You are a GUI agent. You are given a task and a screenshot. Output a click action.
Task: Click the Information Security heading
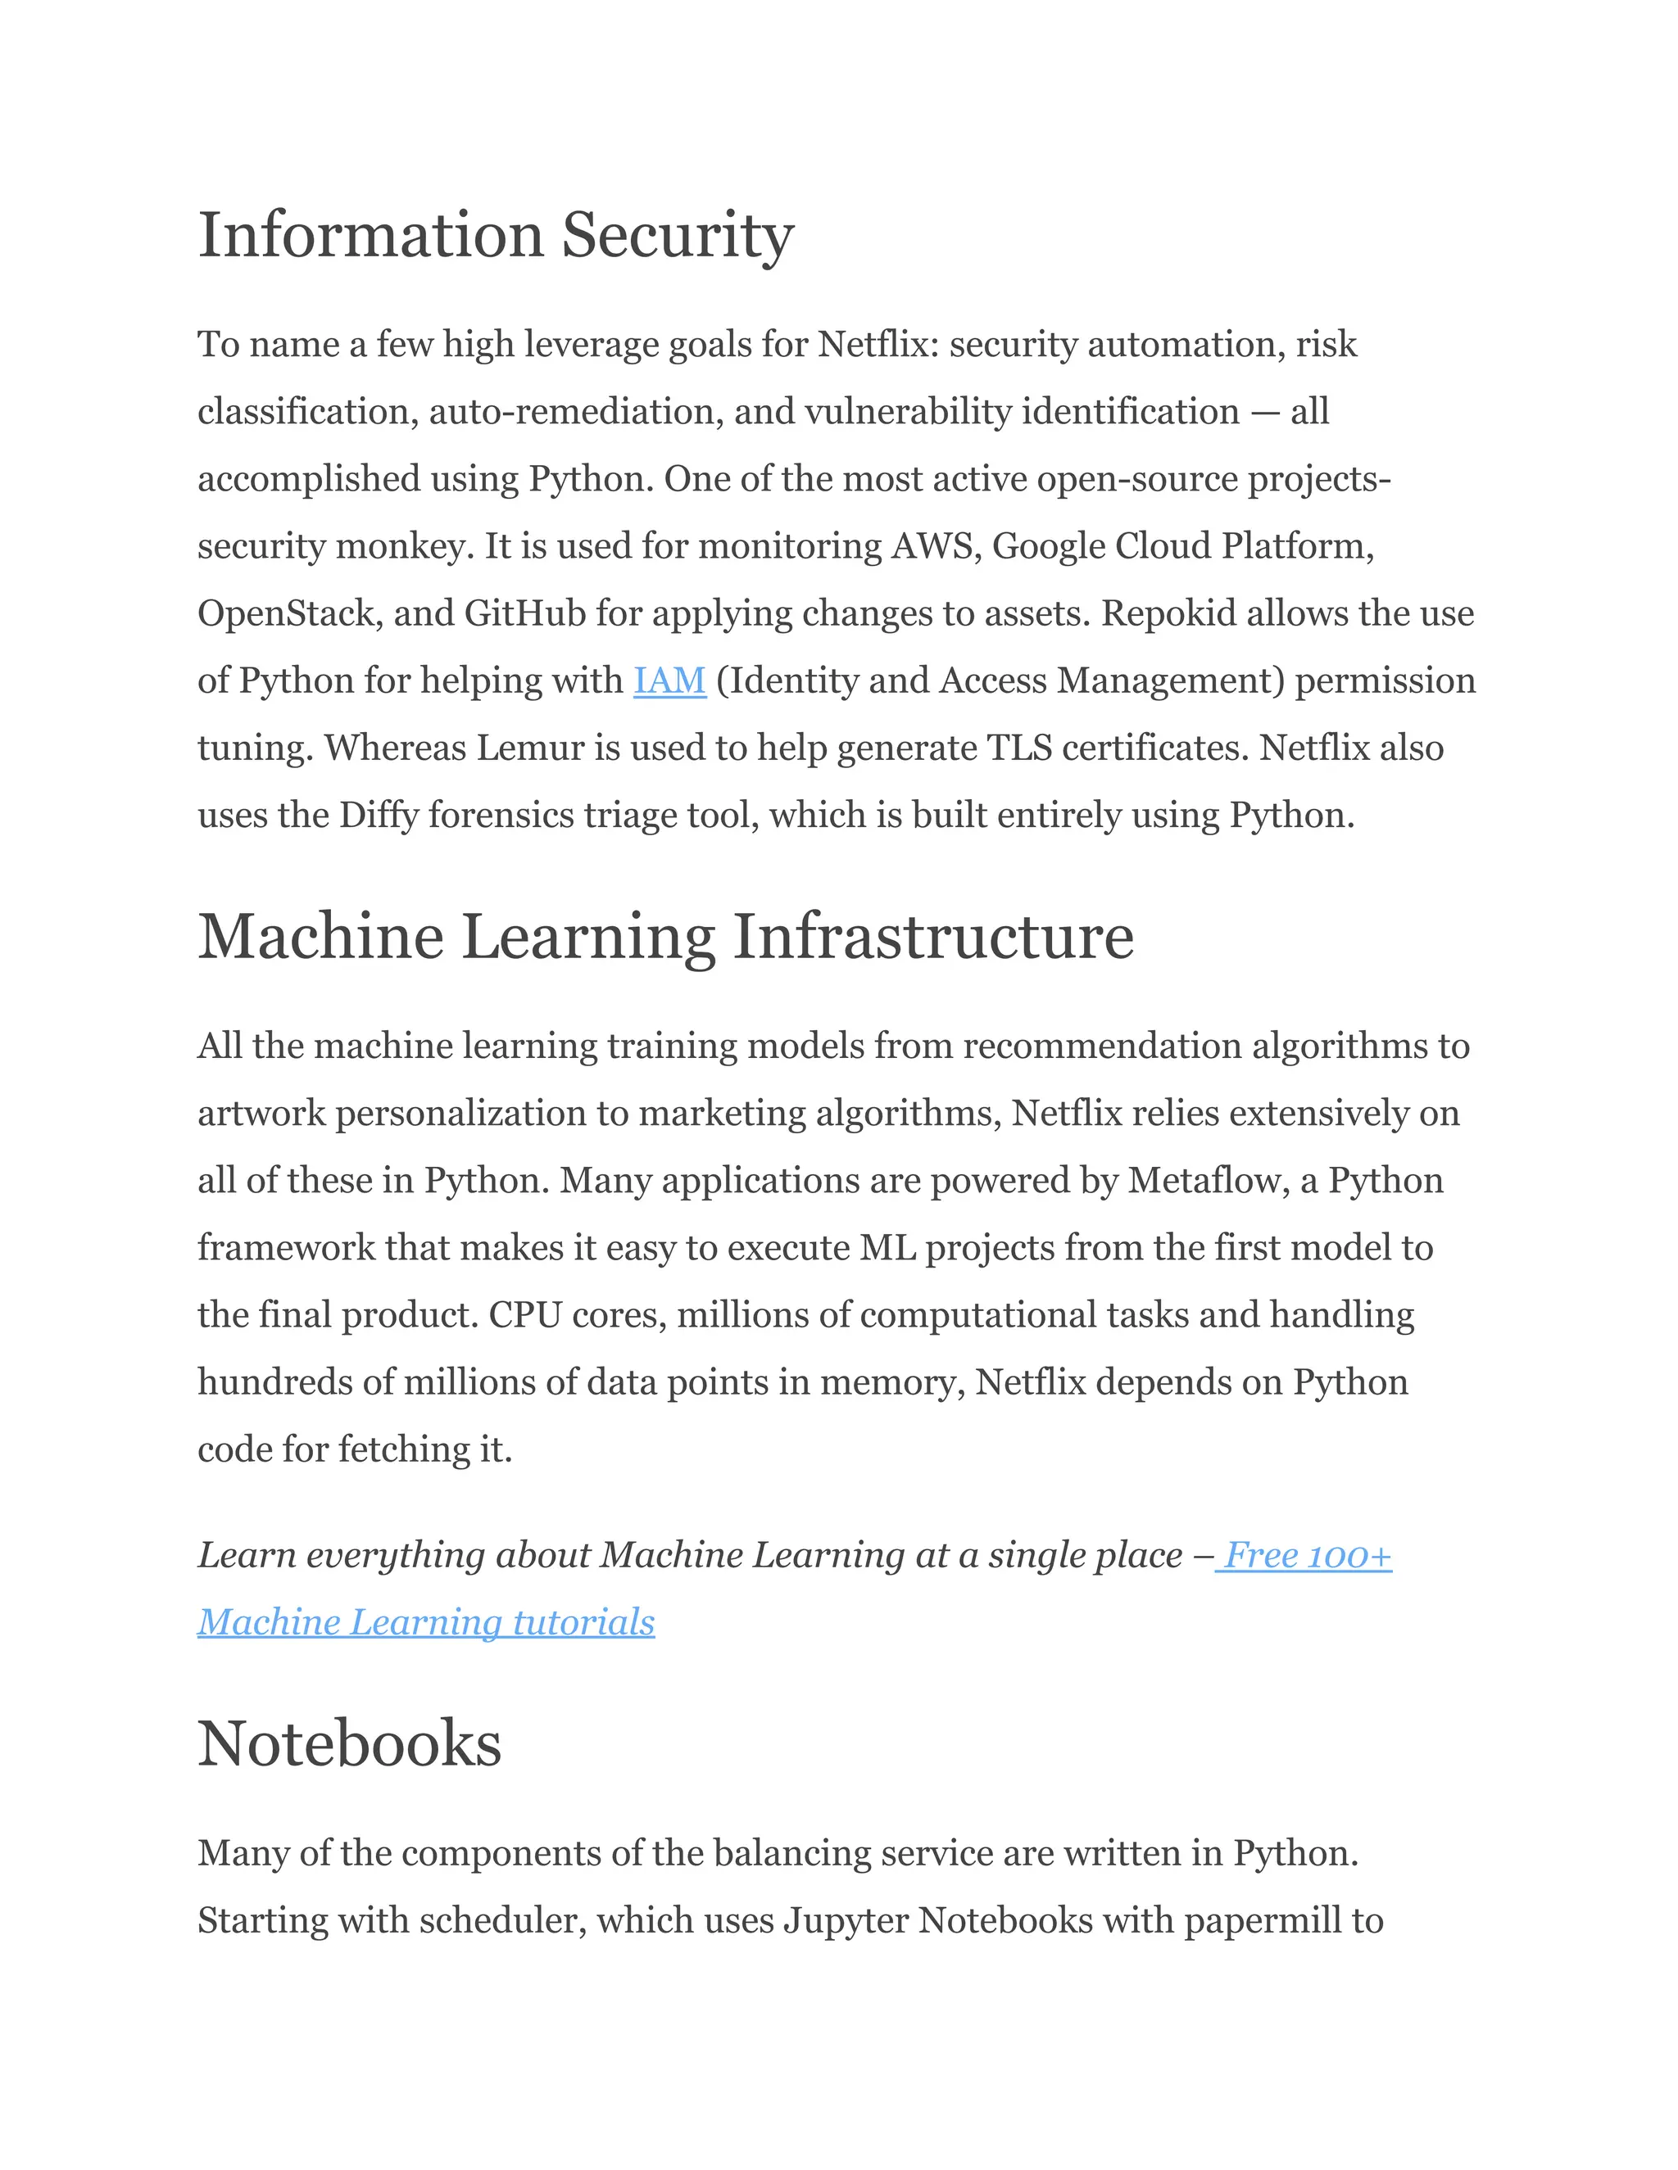tap(495, 236)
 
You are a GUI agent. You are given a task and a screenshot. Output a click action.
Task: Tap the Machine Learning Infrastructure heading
tap(665, 937)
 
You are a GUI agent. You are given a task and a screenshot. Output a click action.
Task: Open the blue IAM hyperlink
tap(669, 680)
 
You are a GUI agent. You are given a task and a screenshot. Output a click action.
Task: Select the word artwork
tap(261, 1114)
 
